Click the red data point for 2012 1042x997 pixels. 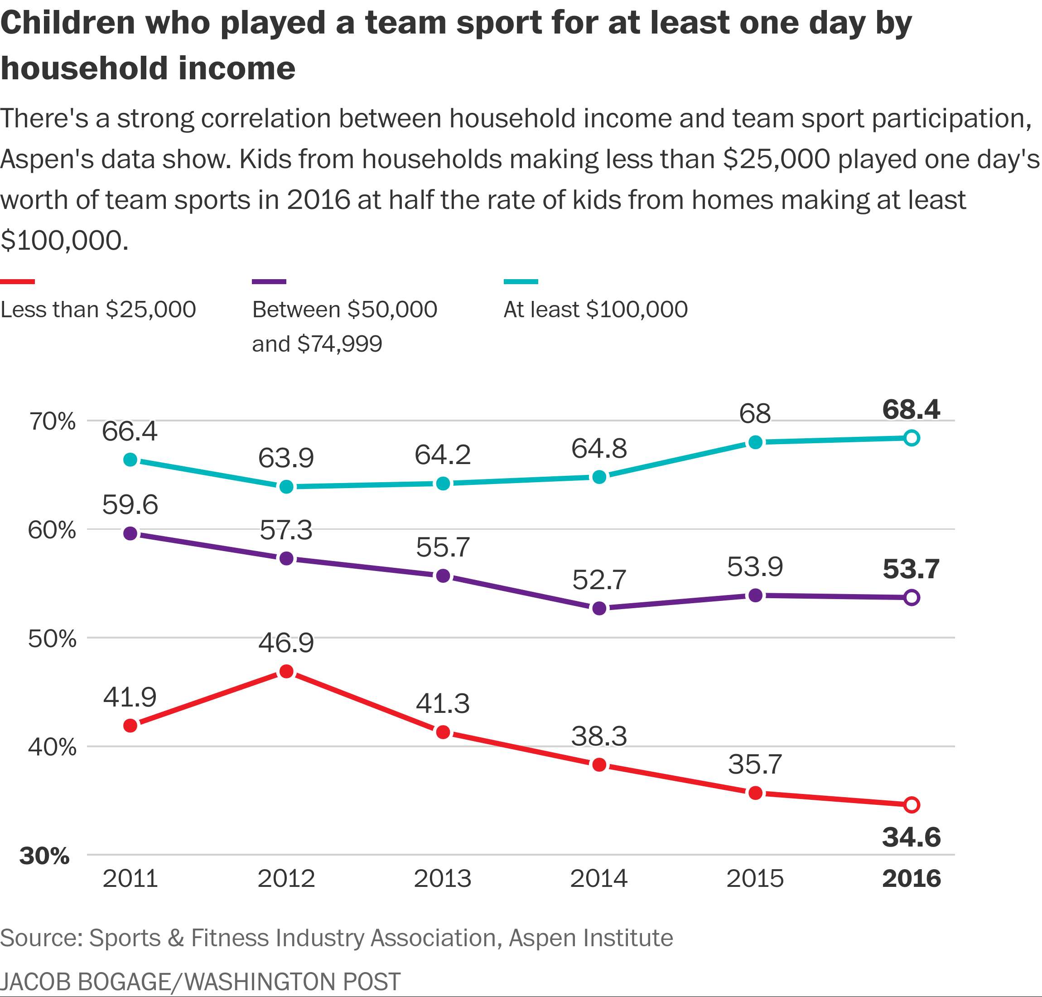286,671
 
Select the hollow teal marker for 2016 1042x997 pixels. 911,438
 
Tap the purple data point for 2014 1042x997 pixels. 599,608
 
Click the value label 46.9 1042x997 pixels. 286,643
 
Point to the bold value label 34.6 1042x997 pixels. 911,837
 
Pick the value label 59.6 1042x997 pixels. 130,504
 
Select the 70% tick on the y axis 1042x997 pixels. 52,421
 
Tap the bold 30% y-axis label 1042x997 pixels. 45,856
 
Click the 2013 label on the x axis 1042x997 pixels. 442,878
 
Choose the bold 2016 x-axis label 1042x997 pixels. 911,878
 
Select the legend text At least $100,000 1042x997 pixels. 595,310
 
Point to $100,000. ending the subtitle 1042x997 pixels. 64,241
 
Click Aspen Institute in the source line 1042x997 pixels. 590,938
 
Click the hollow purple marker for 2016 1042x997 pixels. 911,597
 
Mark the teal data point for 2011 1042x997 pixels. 130,460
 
